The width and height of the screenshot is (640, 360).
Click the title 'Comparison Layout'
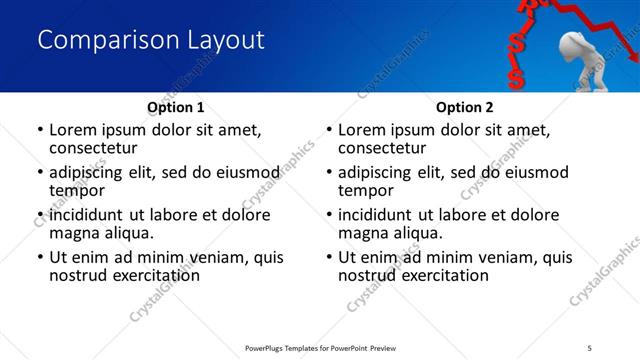click(150, 40)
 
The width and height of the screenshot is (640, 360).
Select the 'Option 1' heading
click(175, 107)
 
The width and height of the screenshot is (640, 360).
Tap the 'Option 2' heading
click(464, 107)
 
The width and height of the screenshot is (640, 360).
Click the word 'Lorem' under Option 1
click(74, 130)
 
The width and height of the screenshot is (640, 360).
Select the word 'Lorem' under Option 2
click(363, 130)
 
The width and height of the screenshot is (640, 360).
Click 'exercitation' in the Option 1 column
click(155, 275)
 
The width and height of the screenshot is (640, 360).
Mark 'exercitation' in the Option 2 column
click(444, 275)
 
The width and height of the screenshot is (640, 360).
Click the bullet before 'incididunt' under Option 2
click(329, 215)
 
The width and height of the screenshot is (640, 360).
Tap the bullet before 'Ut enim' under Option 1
click(40, 257)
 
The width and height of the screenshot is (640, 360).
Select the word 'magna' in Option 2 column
click(363, 233)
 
